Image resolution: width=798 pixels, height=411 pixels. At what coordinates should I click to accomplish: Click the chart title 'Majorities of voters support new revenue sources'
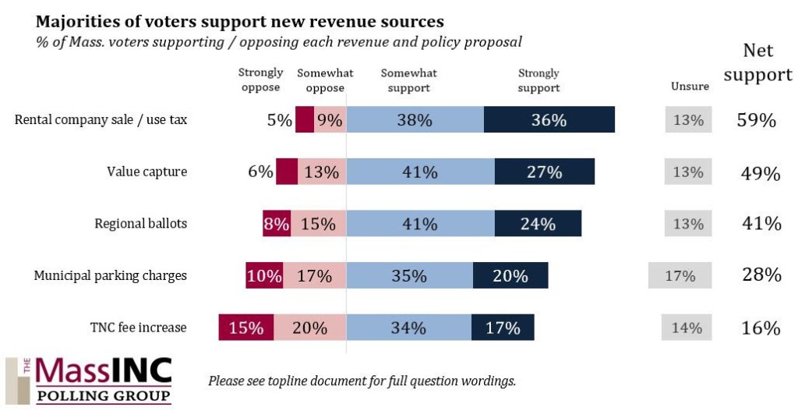point(240,20)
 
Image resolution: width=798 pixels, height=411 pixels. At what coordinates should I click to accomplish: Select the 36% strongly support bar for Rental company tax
point(549,120)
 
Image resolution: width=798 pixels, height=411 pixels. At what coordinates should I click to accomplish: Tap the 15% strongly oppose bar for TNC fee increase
point(246,328)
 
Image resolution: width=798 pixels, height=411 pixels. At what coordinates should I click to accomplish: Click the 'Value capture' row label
point(147,172)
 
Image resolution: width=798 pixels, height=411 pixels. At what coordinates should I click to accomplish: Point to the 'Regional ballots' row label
point(140,224)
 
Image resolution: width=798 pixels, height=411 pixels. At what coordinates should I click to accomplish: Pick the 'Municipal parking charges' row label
point(110,275)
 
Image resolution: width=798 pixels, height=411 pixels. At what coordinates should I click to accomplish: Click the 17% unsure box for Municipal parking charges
point(680,275)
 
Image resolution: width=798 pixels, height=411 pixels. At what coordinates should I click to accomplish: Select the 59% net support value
point(757,121)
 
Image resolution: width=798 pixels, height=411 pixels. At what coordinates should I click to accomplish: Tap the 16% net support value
point(760,328)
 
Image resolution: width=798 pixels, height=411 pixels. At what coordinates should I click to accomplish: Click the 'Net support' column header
point(757,63)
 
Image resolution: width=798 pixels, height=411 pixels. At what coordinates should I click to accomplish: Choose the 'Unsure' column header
point(690,87)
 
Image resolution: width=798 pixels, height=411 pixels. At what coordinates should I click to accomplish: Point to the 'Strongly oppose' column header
point(260,80)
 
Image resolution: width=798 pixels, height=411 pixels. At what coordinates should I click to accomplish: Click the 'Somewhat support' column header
point(408,80)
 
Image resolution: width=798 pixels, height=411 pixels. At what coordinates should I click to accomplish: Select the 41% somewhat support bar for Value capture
point(420,172)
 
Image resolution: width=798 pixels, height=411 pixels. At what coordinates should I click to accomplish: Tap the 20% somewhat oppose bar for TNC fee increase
point(309,328)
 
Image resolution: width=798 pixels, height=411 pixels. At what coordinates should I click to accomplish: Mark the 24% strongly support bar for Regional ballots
point(538,224)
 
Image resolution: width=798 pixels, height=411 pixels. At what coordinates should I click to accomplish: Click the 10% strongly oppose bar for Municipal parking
point(264,275)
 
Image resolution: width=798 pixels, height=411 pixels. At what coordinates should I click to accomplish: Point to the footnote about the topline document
point(362,381)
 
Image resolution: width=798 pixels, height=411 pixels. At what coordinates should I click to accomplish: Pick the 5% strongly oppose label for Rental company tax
point(279,121)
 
